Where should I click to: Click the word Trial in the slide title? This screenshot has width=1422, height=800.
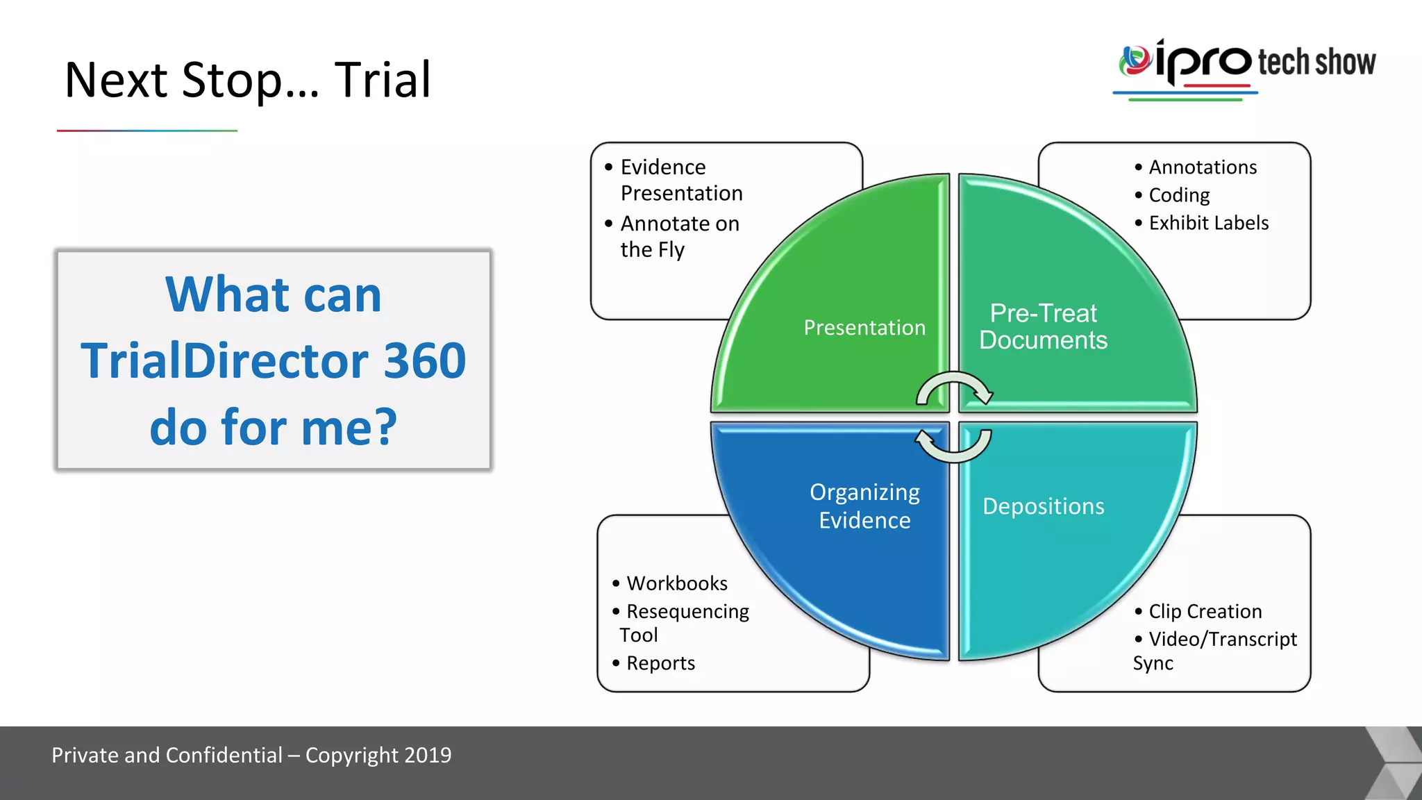click(383, 80)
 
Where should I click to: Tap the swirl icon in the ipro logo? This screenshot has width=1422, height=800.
click(1135, 60)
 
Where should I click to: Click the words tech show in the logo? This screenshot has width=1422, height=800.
click(1316, 62)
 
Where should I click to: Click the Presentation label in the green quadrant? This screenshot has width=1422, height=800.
click(864, 327)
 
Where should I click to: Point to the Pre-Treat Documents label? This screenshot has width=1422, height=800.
click(1043, 326)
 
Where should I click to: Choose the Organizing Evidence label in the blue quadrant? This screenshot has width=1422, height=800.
click(864, 506)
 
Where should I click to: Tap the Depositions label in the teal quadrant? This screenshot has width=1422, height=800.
click(1043, 506)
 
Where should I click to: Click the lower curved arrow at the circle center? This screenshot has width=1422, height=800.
click(954, 446)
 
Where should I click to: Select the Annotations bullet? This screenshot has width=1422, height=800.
click(1202, 167)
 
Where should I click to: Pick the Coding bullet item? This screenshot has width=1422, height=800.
click(1179, 195)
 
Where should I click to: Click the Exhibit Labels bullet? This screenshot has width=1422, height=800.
click(1208, 223)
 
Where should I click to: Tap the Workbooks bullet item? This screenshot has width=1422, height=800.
click(676, 583)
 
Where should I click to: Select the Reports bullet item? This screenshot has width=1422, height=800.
click(660, 663)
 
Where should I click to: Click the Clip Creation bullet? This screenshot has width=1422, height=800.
click(1205, 611)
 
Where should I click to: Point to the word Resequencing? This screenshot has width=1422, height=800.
click(687, 611)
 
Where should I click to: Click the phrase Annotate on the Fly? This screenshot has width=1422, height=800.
click(679, 236)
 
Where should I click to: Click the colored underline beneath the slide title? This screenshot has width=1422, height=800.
click(147, 131)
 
